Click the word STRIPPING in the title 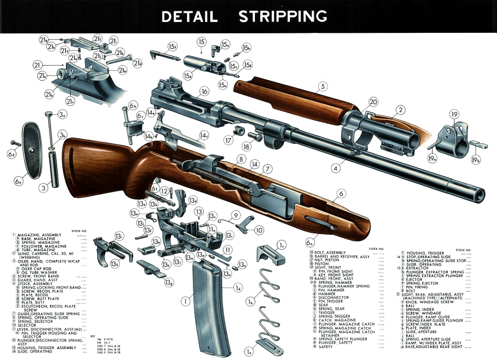point(283,16)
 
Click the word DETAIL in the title point(189,16)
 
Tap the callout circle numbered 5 point(323,87)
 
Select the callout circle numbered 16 point(204,91)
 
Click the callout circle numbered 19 point(454,114)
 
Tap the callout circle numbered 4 point(336,169)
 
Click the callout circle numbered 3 point(44,187)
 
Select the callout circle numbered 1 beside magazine point(186,301)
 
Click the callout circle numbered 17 point(229,141)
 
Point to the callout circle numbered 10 point(259,230)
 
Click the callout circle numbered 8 point(241,159)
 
